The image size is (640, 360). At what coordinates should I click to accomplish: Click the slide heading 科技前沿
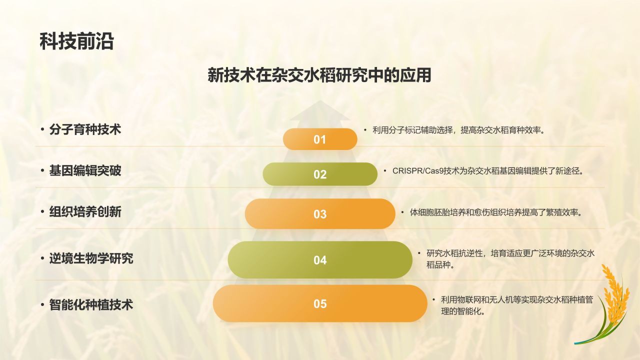76,41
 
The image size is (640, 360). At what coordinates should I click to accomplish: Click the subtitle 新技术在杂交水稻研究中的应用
319,75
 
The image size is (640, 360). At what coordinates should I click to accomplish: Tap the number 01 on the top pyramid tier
320,139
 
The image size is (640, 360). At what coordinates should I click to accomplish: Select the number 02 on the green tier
320,174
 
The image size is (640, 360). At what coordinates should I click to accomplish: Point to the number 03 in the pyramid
320,214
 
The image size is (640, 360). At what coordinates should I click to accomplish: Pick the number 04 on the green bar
320,260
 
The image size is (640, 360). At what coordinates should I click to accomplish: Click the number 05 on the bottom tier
320,303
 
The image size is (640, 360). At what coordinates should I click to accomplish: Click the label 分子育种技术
85,129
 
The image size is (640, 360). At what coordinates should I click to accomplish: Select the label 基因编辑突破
85,171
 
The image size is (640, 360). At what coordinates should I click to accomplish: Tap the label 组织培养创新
85,212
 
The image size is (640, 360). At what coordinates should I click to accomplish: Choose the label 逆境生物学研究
91,258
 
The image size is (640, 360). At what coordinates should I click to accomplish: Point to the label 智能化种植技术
91,304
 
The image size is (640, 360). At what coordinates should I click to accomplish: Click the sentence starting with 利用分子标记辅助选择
458,130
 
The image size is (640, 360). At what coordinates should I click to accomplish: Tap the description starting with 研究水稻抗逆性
510,259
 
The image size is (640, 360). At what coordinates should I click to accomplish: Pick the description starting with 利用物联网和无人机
516,305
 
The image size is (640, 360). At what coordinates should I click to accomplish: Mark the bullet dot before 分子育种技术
42,130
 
